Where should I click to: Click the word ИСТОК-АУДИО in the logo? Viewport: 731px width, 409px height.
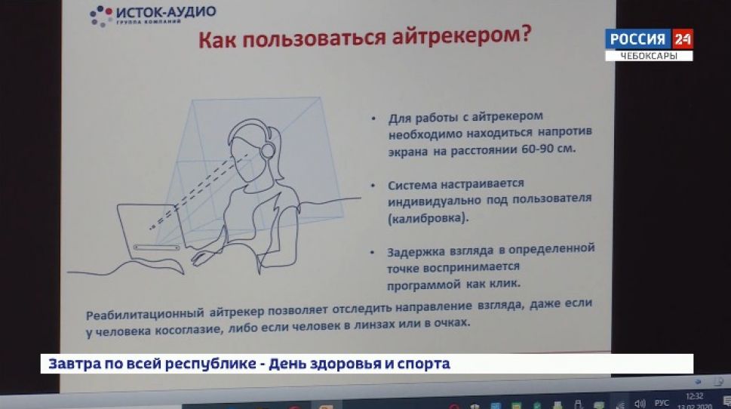click(x=167, y=11)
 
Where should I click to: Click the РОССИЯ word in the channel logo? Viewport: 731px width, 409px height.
click(x=637, y=39)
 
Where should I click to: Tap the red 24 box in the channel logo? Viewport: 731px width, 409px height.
click(x=682, y=39)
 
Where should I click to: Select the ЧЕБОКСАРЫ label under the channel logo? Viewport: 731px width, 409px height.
click(x=648, y=56)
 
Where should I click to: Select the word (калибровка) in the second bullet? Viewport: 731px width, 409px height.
click(x=428, y=217)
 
